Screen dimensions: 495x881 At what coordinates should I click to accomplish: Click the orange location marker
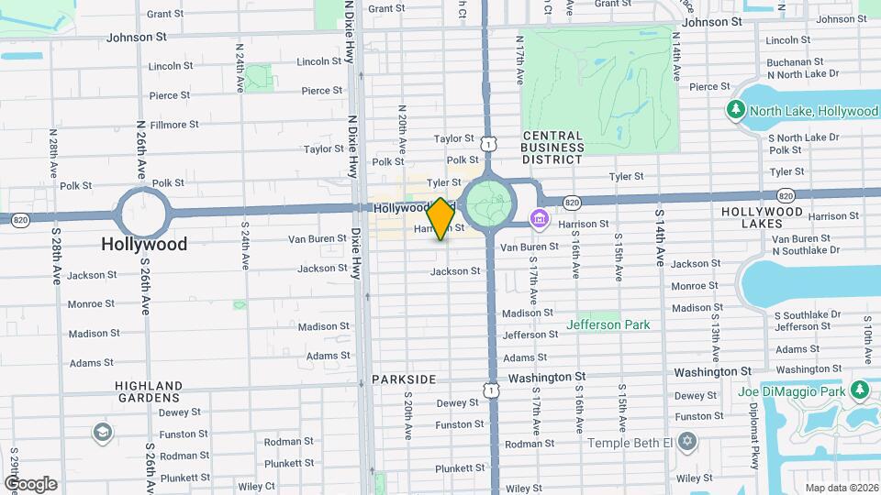point(440,219)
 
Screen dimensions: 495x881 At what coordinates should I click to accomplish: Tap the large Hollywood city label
point(144,244)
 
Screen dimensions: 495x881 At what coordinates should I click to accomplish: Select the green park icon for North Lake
point(735,111)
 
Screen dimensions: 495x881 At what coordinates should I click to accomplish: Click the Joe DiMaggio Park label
point(790,391)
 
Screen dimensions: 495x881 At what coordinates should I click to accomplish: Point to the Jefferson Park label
point(608,324)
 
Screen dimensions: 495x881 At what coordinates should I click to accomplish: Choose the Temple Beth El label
point(643,443)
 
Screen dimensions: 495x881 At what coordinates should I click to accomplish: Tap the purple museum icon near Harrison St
point(540,220)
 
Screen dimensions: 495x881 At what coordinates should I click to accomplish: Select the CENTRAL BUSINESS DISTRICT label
point(552,147)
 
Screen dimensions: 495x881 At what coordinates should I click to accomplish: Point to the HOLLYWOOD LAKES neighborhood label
point(762,217)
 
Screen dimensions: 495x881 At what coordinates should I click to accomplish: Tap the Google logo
point(30,484)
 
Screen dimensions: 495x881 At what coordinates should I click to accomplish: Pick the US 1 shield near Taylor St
point(489,144)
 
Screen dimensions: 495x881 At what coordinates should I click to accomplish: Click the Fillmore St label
point(173,125)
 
